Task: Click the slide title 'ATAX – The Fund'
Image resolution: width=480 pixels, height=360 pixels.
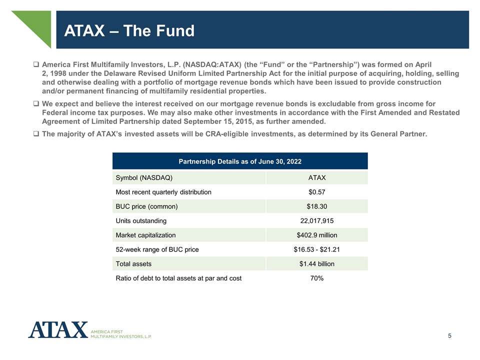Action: pos(129,31)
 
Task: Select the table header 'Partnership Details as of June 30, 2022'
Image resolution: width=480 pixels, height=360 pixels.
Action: pos(240,161)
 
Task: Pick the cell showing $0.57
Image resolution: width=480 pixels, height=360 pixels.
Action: pos(316,192)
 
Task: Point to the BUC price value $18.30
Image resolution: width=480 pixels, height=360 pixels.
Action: pos(316,206)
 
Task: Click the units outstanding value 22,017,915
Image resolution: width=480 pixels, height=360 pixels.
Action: pos(316,220)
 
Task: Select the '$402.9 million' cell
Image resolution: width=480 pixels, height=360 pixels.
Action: pos(316,235)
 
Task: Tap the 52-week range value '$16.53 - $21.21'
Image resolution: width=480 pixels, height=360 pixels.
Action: pos(316,249)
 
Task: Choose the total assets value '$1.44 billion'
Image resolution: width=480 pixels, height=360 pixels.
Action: pos(316,263)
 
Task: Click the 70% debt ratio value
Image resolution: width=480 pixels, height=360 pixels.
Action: pos(316,278)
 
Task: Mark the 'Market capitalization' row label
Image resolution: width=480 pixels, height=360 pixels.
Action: pos(145,235)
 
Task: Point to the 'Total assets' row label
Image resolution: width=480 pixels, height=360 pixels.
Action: pos(133,263)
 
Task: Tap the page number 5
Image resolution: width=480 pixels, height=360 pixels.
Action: pos(450,336)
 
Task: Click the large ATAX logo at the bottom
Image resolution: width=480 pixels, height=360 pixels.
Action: pos(58,330)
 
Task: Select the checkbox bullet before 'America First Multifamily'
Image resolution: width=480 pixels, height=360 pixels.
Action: pos(36,65)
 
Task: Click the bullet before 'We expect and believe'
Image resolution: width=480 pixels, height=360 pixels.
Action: pos(36,104)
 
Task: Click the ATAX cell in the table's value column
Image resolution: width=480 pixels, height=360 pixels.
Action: pos(316,178)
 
